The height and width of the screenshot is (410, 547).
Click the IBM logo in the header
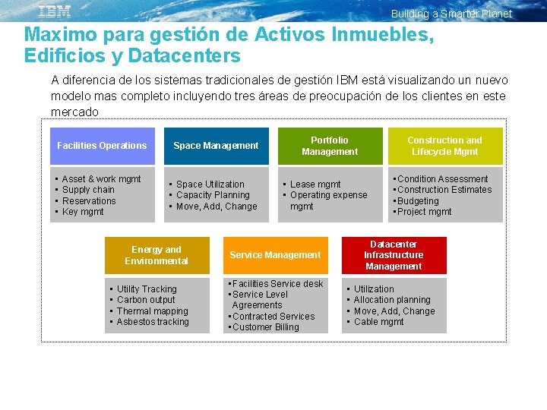[x=55, y=11]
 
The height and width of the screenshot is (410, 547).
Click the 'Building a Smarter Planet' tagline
[x=451, y=14]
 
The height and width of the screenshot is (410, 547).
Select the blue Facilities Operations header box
[x=103, y=146]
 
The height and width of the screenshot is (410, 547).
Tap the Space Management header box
[x=216, y=146]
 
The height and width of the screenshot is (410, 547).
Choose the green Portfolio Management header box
[x=330, y=146]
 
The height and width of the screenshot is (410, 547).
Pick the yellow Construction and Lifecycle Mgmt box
[x=444, y=146]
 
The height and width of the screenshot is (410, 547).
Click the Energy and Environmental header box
[x=157, y=255]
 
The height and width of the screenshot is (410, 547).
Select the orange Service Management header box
[x=275, y=255]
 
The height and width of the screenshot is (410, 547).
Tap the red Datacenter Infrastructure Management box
[x=394, y=255]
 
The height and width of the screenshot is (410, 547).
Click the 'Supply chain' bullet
[x=88, y=190]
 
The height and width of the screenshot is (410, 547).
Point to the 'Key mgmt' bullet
[x=83, y=212]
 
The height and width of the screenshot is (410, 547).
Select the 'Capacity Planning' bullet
[x=213, y=195]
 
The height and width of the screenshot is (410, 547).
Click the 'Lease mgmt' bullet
[x=315, y=184]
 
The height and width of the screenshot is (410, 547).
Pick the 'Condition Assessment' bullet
[x=442, y=179]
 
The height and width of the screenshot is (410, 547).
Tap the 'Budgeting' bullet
[x=418, y=201]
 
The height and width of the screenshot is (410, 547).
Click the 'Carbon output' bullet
[x=146, y=300]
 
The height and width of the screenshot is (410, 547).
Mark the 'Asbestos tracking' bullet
[x=153, y=322]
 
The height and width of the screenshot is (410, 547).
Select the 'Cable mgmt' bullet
[x=378, y=322]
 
